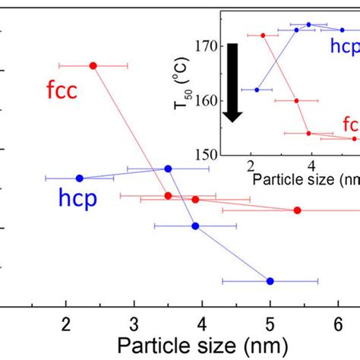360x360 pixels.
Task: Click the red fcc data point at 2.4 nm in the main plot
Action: [93, 65]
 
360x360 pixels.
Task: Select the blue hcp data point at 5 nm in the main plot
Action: [270, 281]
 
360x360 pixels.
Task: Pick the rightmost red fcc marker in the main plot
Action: [297, 210]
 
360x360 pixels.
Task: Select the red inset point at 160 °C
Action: [296, 100]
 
